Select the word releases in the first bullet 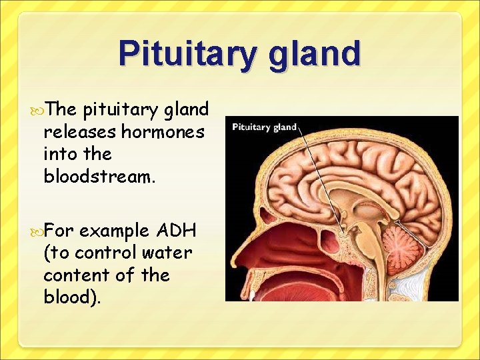tap(79, 132)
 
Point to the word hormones tap(163, 132)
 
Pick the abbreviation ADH tap(176, 231)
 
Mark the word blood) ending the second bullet tap(72, 297)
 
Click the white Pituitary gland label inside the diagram tap(264, 127)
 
